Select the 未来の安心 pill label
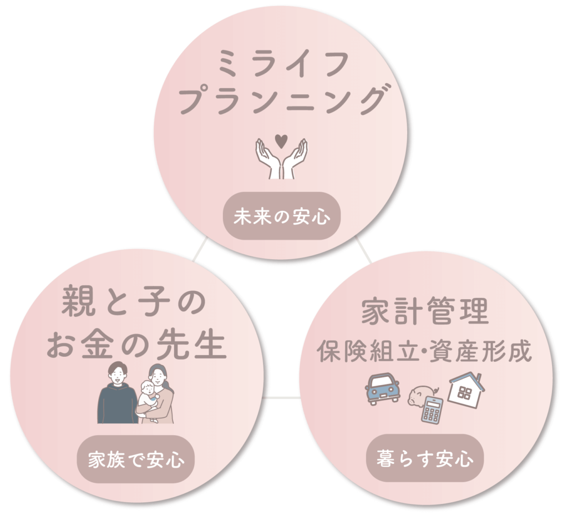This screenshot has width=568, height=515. coord(280,216)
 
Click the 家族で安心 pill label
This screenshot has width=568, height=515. coord(136,460)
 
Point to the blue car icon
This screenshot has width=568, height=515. coord(383,387)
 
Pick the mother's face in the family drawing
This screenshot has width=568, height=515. coord(157,376)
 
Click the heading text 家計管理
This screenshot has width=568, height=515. coord(425,312)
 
